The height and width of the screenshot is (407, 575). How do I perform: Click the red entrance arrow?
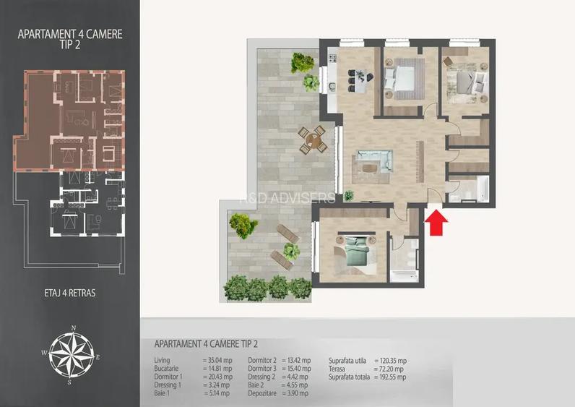click(436, 222)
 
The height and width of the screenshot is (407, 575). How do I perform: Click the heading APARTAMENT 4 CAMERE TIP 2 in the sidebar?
click(69, 38)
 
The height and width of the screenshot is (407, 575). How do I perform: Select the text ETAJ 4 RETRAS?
click(69, 294)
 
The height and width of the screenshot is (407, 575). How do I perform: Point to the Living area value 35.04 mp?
click(217, 360)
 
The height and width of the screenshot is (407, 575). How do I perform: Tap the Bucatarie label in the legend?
click(167, 369)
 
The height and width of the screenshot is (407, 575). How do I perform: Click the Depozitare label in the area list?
click(263, 394)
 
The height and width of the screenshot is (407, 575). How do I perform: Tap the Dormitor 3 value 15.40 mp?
click(296, 369)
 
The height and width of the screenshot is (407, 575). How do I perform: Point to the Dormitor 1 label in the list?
click(168, 377)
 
